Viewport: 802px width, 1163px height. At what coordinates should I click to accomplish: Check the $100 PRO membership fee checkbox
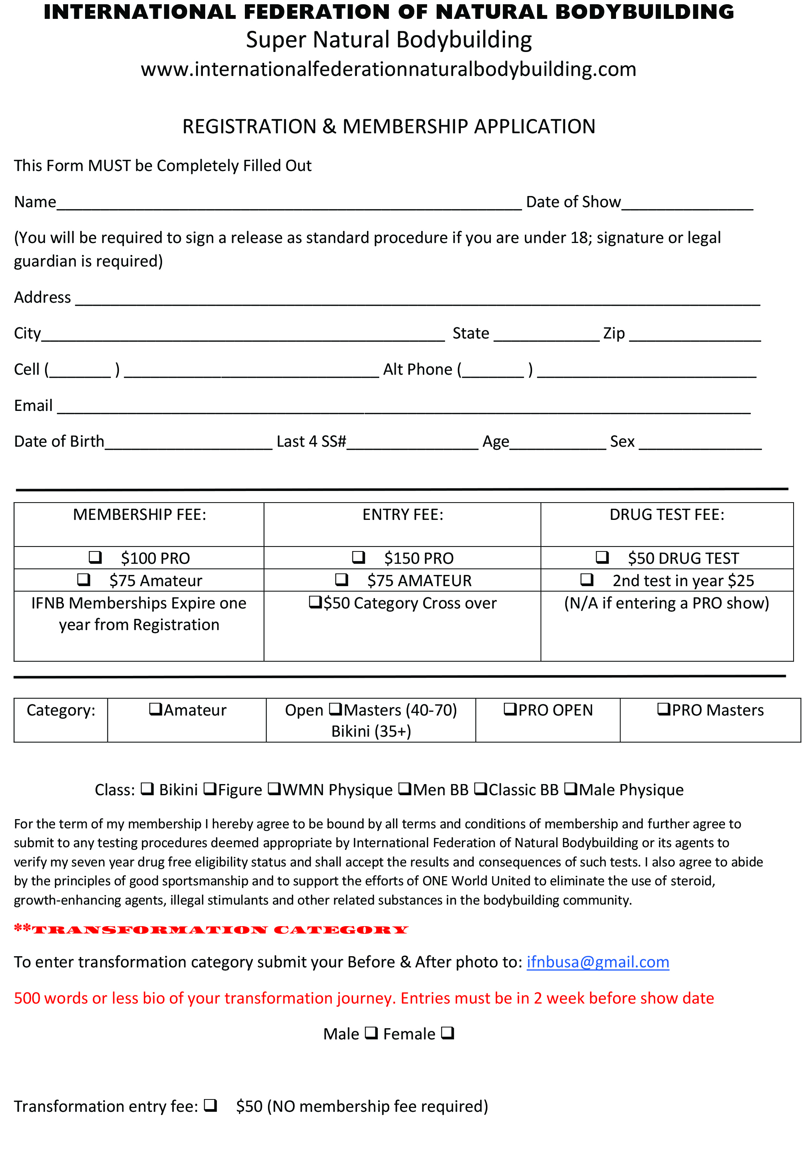[x=95, y=557]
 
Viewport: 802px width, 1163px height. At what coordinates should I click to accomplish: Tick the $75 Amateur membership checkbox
[x=84, y=580]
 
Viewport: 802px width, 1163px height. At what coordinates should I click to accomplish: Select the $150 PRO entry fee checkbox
[x=358, y=557]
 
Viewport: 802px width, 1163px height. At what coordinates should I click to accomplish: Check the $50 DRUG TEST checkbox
[x=602, y=557]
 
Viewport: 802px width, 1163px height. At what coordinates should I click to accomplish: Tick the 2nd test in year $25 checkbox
[x=586, y=580]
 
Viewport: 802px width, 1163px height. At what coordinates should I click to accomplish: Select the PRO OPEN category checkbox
[x=511, y=709]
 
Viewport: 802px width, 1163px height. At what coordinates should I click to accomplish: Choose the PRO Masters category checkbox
[x=664, y=709]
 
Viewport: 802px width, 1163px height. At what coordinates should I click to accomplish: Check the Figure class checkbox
[x=210, y=789]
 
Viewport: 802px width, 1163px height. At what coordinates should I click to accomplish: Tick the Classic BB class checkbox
[x=481, y=789]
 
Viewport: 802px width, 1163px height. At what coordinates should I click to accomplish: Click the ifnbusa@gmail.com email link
[x=598, y=962]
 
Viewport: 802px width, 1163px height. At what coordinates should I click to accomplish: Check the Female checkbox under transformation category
[x=447, y=1033]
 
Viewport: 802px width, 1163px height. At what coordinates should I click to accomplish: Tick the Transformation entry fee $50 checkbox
[x=211, y=1105]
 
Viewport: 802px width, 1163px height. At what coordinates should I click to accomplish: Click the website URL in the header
[x=388, y=69]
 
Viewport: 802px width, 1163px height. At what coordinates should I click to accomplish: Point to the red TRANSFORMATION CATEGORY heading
[x=211, y=929]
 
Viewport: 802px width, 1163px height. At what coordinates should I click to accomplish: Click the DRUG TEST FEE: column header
[x=666, y=514]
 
